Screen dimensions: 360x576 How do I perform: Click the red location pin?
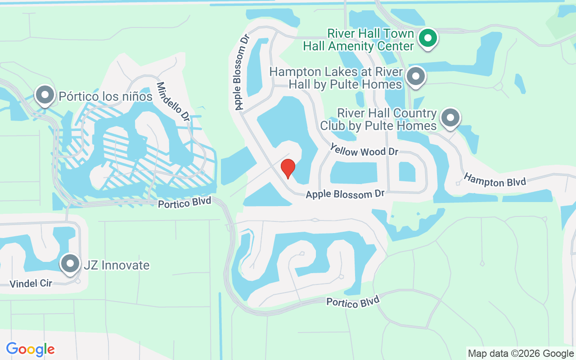(x=288, y=168)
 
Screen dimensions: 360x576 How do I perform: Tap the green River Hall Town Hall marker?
(x=428, y=38)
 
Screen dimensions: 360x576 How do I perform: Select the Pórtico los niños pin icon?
(x=45, y=95)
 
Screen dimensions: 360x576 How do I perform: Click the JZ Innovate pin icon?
(x=70, y=264)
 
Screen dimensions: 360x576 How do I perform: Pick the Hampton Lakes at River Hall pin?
(x=416, y=76)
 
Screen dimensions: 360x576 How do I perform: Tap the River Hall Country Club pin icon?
(x=450, y=118)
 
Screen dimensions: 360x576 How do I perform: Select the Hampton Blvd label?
(x=495, y=180)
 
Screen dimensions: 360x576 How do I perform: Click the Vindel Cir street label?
(x=31, y=283)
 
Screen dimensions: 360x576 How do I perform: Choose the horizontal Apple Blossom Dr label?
(x=345, y=194)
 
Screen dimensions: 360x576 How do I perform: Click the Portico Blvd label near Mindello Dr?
(x=184, y=202)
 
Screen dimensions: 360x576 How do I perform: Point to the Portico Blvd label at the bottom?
(x=353, y=302)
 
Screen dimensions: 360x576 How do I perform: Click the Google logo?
(x=31, y=349)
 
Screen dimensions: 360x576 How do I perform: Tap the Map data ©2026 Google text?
(x=521, y=354)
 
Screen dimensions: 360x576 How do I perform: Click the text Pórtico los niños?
(x=106, y=96)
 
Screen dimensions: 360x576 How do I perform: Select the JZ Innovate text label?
(x=117, y=265)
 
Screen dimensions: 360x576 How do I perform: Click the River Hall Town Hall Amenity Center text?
(x=358, y=40)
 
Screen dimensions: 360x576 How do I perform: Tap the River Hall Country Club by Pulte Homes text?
(x=378, y=119)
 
